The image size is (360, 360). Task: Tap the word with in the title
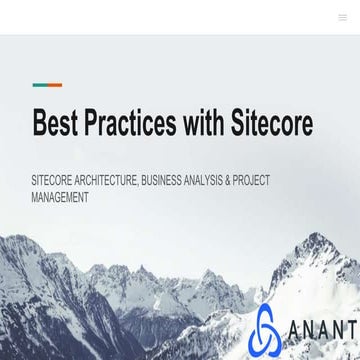pos(207,123)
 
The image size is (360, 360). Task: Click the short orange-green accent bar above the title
pos(47,85)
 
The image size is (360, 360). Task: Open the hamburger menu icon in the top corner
pos(343,17)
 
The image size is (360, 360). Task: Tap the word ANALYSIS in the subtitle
pos(211,181)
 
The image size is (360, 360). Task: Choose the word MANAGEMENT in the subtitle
pos(60,198)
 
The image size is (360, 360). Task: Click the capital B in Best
pos(40,123)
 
